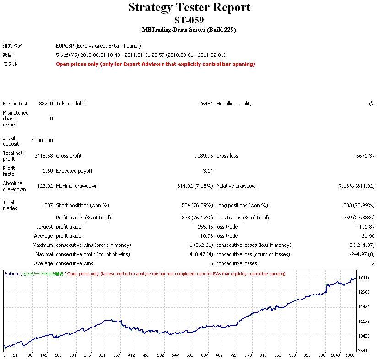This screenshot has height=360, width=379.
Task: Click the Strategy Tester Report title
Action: pos(189,7)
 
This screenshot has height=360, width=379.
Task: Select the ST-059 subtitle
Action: pos(189,20)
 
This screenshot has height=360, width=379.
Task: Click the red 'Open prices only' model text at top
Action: pos(156,64)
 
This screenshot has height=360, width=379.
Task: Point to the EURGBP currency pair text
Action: pos(98,46)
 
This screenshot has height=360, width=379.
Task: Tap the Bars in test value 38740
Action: pos(46,104)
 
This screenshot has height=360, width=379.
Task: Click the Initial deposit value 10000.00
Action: pos(42,141)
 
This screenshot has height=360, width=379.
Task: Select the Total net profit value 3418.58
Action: pos(43,156)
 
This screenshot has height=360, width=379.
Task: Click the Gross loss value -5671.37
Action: pos(364,156)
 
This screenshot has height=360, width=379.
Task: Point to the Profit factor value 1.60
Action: pos(47,171)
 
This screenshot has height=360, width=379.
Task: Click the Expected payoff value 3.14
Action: pos(208,171)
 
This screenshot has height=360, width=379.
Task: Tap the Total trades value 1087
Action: pos(47,205)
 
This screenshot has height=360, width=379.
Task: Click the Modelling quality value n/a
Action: pos(371,104)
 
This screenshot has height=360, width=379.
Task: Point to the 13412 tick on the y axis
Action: pos(364,278)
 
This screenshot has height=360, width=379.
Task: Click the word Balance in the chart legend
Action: pos(12,274)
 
